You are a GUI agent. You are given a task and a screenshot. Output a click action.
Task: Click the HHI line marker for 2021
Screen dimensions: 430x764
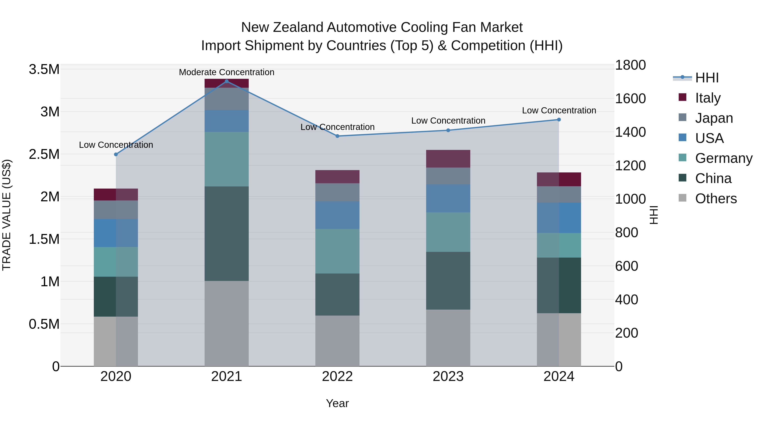point(227,81)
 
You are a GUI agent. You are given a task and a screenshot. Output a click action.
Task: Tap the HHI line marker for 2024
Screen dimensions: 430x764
point(559,120)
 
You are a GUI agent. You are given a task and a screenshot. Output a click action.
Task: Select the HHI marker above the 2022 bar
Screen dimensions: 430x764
point(337,136)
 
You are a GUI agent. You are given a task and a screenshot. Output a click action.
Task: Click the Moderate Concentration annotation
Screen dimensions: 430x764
point(227,72)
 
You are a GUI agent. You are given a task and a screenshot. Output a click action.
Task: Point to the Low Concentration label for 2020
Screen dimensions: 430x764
point(116,145)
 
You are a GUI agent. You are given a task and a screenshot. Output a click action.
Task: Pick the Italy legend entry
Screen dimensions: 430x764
point(707,98)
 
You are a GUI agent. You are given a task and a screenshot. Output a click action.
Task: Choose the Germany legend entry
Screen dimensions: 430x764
point(723,158)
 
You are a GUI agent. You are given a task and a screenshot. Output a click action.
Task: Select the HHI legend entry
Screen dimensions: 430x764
point(706,78)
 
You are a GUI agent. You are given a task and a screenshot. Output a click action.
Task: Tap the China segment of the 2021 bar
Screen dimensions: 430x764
point(227,234)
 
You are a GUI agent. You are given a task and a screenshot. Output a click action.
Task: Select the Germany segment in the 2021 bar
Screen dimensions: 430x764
point(227,159)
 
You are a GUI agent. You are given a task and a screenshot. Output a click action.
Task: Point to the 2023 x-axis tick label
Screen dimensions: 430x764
point(448,376)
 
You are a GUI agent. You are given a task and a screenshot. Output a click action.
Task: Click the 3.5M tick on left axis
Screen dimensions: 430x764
point(44,69)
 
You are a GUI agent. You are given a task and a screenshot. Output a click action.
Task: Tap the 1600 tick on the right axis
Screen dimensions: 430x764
point(630,99)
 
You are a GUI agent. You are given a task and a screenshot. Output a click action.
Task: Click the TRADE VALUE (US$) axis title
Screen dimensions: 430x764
point(7,215)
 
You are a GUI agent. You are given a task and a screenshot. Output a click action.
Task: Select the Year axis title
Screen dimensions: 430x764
point(337,403)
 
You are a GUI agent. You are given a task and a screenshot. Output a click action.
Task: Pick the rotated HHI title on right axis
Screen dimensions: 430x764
point(653,215)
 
